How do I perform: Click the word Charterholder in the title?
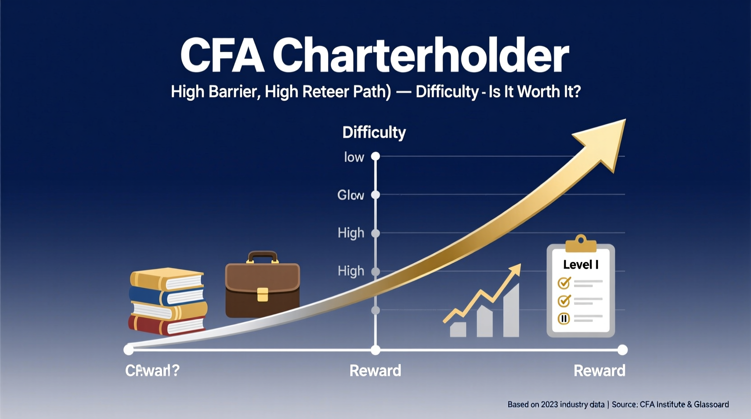[x=420, y=56]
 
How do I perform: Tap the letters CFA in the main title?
[x=222, y=56]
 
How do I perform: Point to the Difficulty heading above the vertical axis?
[x=374, y=132]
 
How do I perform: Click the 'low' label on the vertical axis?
[x=354, y=157]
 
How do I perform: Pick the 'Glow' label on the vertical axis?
[x=351, y=195]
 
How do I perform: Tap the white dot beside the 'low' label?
[x=375, y=157]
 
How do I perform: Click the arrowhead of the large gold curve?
[x=605, y=140]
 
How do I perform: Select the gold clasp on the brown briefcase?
[x=262, y=294]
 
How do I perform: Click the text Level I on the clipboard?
[x=580, y=265]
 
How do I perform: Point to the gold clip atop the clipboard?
[x=581, y=244]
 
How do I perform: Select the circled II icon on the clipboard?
[x=564, y=319]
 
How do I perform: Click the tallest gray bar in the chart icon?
[x=511, y=312]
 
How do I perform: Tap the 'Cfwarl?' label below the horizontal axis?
[x=152, y=371]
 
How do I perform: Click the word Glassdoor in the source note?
[x=711, y=405]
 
